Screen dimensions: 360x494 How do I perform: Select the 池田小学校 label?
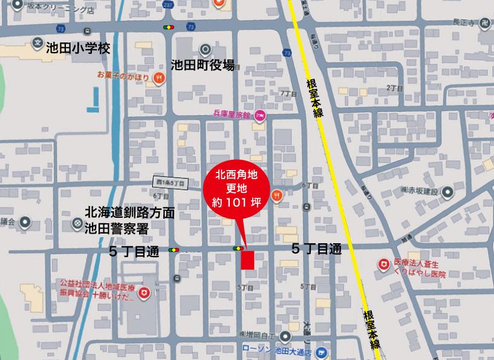78,48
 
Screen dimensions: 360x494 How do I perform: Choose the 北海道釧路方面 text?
130,213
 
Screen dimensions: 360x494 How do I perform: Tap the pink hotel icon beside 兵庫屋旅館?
260,116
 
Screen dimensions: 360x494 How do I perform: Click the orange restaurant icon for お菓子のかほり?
158,77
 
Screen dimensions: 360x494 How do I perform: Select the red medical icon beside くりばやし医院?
383,264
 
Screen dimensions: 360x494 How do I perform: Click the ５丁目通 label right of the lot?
316,249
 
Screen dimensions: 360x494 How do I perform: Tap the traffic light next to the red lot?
238,249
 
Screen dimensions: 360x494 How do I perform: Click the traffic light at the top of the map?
168,27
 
